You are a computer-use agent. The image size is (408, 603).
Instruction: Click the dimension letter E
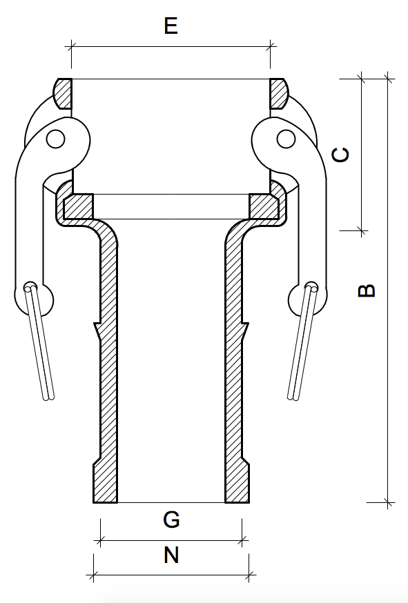pos(171,26)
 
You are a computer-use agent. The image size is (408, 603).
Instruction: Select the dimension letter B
pos(367,289)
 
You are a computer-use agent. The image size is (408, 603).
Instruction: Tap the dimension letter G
pos(171,520)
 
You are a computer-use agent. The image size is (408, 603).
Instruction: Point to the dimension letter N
pos(171,554)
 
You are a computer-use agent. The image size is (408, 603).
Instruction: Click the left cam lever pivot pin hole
pos(56,140)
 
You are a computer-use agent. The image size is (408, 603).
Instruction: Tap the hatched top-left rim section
pos(62,93)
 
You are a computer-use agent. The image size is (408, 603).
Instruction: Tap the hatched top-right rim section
pos(279,93)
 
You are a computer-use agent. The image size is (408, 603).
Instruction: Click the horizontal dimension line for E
pos(171,47)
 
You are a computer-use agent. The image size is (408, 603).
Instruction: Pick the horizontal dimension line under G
pos(171,540)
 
